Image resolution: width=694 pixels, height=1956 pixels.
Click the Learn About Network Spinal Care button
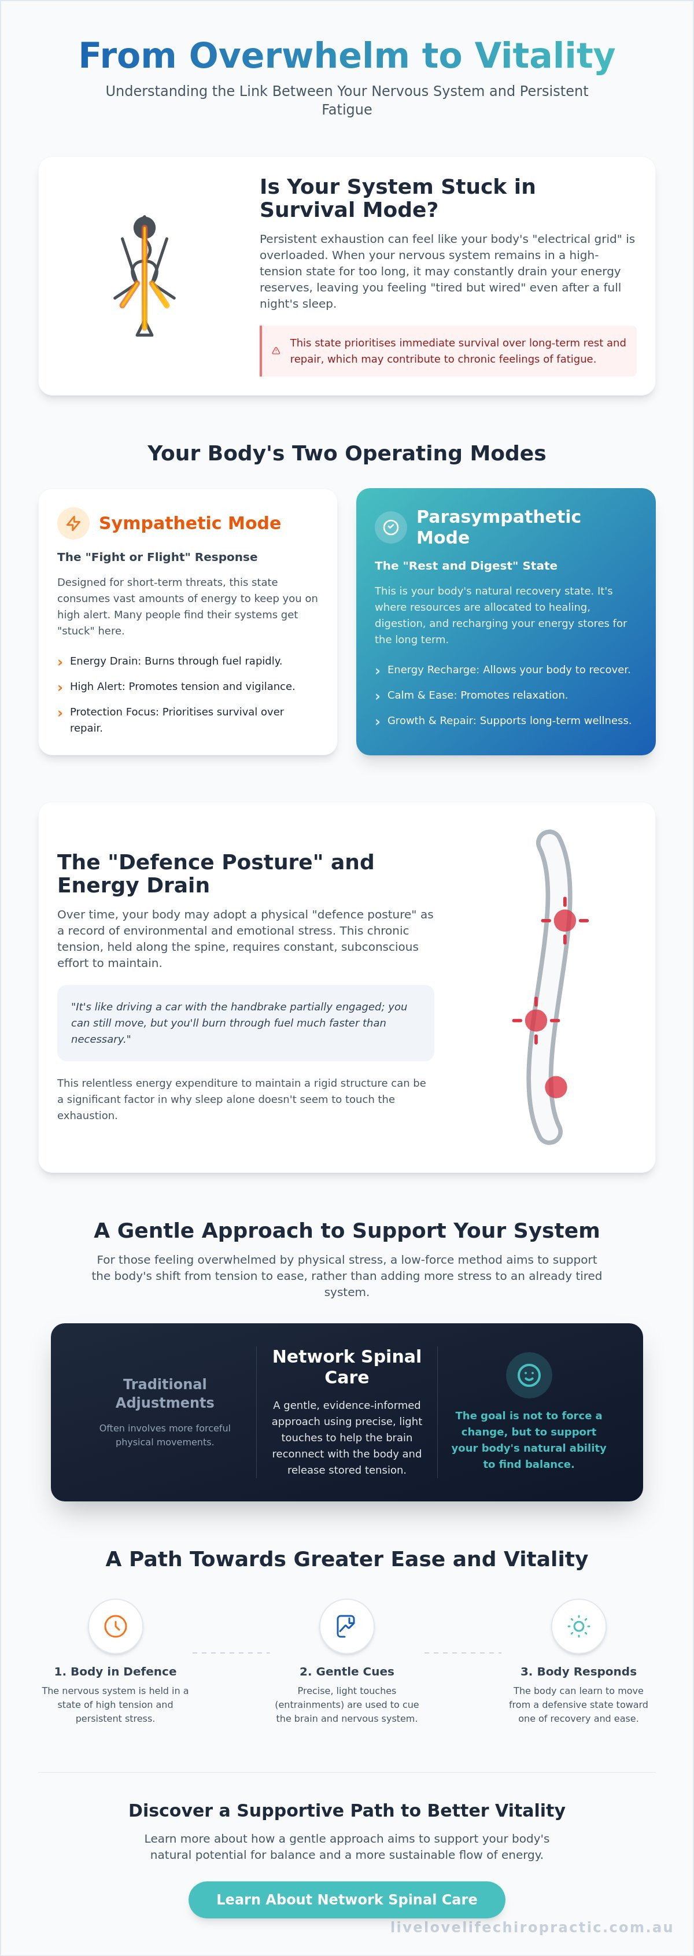tap(346, 1899)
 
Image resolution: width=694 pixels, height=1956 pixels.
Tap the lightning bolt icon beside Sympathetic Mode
tap(73, 523)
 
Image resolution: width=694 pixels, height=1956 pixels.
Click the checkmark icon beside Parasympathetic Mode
tap(391, 527)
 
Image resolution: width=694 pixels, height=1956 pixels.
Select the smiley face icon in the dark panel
tap(529, 1375)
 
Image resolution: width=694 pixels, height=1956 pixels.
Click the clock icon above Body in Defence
tap(116, 1626)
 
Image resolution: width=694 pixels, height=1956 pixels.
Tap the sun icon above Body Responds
tap(578, 1626)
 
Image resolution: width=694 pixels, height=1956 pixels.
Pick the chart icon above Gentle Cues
tap(346, 1626)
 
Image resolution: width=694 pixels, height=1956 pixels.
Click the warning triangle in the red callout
tap(276, 351)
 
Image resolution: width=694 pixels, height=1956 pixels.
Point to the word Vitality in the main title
tap(545, 56)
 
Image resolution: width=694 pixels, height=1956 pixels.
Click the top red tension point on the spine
tap(565, 920)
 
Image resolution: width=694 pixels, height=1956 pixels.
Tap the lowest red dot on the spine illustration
tap(556, 1087)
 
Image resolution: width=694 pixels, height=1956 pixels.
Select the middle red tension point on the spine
tap(536, 1021)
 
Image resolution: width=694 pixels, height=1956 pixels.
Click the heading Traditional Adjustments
tap(165, 1393)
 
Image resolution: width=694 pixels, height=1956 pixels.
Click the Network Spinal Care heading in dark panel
tap(347, 1367)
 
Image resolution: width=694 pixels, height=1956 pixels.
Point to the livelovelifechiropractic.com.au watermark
tap(531, 1927)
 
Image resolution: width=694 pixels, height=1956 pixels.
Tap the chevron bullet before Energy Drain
tap(60, 663)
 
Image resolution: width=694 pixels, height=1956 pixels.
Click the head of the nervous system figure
tap(144, 226)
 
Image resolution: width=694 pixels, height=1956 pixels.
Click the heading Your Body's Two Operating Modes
tap(347, 453)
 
